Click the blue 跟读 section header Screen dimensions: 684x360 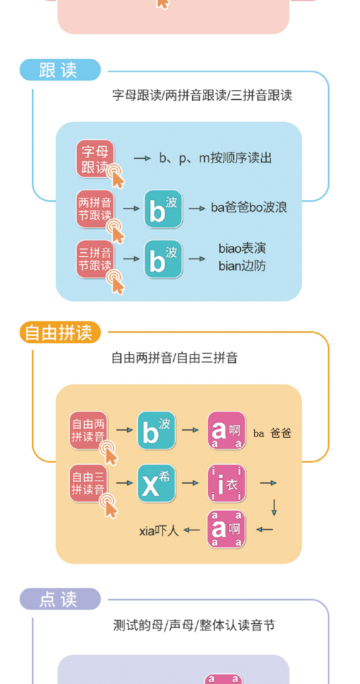(x=60, y=70)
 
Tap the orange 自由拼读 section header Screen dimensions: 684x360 (x=60, y=332)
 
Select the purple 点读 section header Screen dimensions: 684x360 (x=60, y=599)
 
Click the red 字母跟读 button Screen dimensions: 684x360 (x=95, y=158)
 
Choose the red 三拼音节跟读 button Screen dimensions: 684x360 (x=95, y=259)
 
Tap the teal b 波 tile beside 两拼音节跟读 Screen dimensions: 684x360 (x=163, y=208)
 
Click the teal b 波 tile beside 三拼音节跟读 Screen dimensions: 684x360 (x=163, y=259)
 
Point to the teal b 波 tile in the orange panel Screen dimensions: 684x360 (x=156, y=430)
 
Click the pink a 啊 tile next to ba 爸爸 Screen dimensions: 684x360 (x=226, y=430)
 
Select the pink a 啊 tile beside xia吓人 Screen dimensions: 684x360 (x=226, y=529)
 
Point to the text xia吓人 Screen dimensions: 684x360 (x=159, y=530)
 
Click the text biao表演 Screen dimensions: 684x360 (x=242, y=249)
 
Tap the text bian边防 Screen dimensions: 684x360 (x=242, y=265)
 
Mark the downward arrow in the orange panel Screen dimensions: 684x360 (x=274, y=507)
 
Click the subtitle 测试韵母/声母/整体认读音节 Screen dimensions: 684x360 (x=194, y=625)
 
